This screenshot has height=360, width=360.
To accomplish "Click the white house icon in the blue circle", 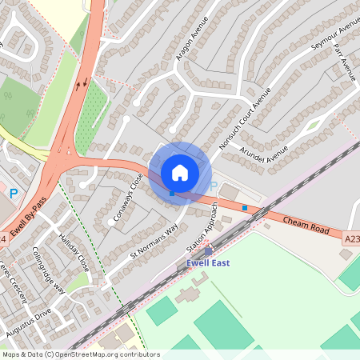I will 180,172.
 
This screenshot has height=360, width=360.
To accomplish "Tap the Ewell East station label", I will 208,263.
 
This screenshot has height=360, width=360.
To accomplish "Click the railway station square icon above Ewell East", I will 209,251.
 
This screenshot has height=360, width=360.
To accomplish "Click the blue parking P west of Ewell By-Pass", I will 13,193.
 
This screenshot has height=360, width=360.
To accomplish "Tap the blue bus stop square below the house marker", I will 172,193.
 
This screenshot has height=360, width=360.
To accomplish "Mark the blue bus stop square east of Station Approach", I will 244,208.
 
